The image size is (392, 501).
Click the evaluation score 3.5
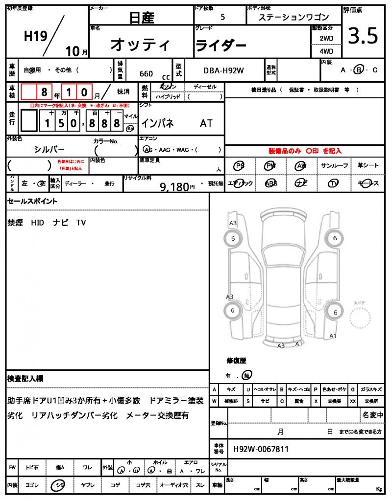[363, 36]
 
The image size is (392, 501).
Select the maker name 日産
[141, 18]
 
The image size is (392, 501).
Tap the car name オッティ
[140, 45]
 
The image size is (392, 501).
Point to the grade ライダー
[220, 46]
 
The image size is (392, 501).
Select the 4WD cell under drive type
[326, 51]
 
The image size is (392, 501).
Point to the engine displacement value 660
[146, 74]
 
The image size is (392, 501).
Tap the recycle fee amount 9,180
[174, 186]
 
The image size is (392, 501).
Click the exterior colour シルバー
[49, 149]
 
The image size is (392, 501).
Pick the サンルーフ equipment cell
[335, 166]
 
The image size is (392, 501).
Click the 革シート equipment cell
[368, 166]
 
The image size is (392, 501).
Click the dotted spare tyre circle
[362, 319]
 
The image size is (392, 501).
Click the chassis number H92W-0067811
[261, 449]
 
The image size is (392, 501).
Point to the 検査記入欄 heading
[25, 379]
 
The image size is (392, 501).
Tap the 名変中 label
[373, 415]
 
